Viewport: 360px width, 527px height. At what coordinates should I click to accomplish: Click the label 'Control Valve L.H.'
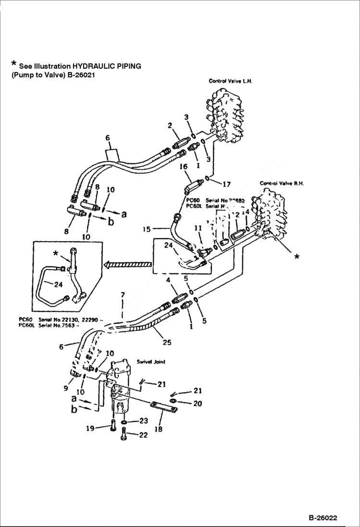[x=230, y=81]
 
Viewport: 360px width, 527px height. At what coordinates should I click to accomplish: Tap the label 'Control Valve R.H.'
[x=282, y=183]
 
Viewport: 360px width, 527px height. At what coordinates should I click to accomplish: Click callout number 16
[x=183, y=167]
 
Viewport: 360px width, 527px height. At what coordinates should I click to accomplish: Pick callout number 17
[x=226, y=183]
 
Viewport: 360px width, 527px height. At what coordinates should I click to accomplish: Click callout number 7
[x=123, y=294]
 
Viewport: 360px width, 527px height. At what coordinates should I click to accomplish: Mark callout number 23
[x=143, y=421]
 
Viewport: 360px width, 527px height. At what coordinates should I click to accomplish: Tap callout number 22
[x=143, y=435]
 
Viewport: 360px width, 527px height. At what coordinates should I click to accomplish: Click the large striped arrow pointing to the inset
[x=127, y=264]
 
